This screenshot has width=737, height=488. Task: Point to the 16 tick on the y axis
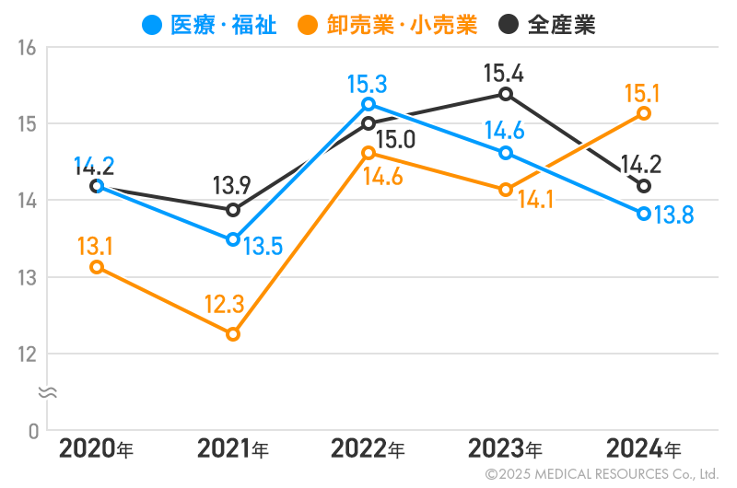coord(27,47)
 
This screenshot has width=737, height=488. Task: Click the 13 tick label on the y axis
coord(27,277)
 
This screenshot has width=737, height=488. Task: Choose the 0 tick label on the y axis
coord(32,430)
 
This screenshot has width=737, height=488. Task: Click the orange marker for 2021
coord(233,334)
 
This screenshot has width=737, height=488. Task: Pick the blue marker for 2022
coord(368,104)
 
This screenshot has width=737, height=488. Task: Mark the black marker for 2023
coord(506,94)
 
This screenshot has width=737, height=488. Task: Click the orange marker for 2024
coord(644,113)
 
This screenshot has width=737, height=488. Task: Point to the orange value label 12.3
coord(225,304)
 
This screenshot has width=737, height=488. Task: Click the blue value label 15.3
coord(367,85)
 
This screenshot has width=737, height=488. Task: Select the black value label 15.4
coord(505,72)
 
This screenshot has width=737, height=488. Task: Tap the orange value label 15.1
coord(643,92)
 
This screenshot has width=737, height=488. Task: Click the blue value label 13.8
coord(674,216)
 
